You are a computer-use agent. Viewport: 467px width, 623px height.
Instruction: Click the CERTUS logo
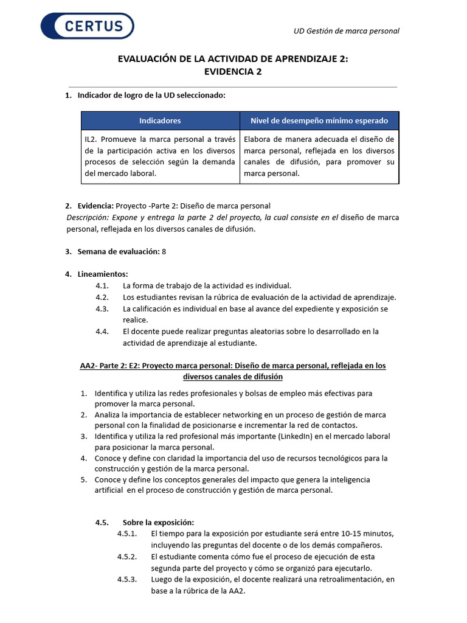[x=88, y=26]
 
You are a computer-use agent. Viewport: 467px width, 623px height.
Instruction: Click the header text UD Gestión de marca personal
[x=346, y=31]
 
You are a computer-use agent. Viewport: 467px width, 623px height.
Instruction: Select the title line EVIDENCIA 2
[x=233, y=71]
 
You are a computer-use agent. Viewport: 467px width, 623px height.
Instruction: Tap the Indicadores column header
[x=160, y=120]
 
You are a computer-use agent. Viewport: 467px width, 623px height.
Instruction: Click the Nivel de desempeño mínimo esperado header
[x=320, y=120]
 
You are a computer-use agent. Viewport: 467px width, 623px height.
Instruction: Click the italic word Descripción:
[x=88, y=217]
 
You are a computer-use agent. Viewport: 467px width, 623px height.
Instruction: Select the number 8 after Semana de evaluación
[x=164, y=251]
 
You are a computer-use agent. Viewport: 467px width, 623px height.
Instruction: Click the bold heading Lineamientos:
[x=103, y=274]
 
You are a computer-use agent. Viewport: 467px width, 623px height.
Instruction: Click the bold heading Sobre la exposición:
[x=158, y=522]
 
